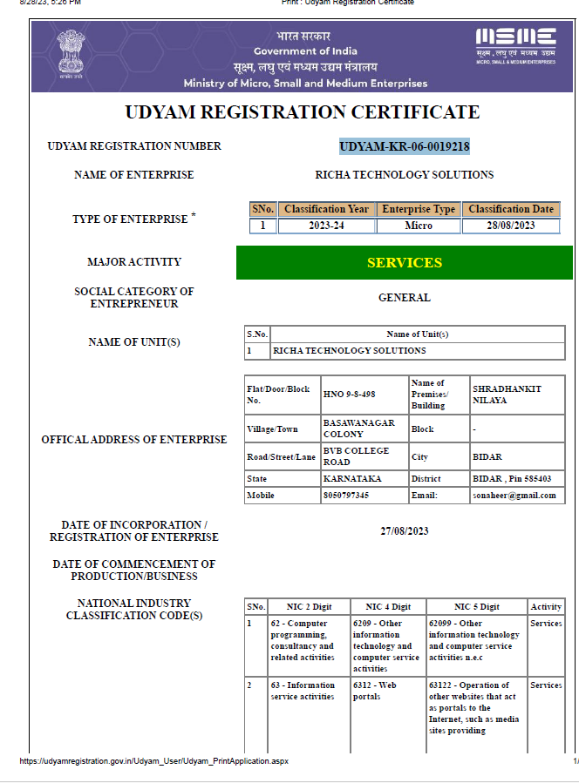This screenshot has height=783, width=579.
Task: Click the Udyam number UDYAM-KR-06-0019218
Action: (x=404, y=146)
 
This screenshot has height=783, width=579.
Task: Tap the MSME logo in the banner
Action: (x=515, y=43)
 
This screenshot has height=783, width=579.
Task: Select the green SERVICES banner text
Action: (x=404, y=263)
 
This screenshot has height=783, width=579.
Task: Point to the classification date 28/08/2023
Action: (x=510, y=226)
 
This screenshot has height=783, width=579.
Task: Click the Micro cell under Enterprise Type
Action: (x=419, y=226)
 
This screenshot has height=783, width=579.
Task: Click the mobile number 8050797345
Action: (x=346, y=496)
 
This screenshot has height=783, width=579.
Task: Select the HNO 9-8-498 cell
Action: (x=349, y=395)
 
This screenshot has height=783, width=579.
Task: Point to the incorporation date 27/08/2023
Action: (x=404, y=531)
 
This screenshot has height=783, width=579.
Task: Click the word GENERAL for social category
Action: (x=404, y=298)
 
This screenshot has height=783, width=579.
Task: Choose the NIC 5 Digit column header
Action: (x=476, y=606)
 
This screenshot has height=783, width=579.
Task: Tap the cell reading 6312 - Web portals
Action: (x=385, y=691)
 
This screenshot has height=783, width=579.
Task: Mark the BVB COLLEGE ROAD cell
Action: (x=355, y=456)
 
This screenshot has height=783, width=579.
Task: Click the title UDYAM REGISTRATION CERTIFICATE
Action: (x=302, y=112)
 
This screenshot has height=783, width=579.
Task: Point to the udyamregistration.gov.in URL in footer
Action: (x=153, y=761)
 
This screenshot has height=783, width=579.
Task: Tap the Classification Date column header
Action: (x=510, y=209)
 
